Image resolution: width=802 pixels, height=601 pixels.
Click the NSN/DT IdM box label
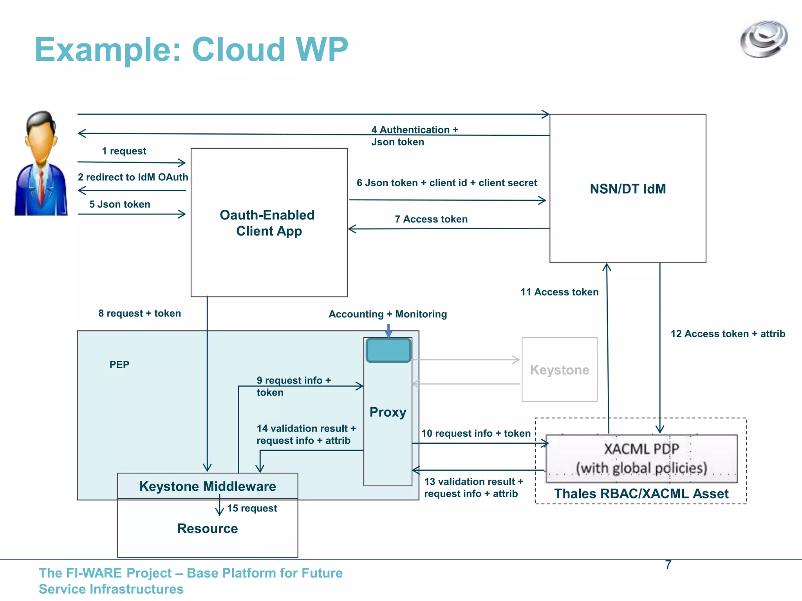627,189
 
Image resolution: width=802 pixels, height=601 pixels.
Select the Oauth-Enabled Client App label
268,223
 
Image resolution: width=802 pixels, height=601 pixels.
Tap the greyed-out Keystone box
559,370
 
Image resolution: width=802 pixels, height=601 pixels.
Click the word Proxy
388,412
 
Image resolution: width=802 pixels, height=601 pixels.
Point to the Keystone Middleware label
208,486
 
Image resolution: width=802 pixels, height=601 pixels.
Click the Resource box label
208,529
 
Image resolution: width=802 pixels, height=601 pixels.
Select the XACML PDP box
641,458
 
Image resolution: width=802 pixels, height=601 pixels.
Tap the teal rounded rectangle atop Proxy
388,350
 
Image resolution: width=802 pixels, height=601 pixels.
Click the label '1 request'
124,151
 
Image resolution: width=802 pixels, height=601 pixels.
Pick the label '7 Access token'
431,219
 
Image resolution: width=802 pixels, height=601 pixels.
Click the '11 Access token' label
559,292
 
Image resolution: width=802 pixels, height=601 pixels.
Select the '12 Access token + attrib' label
728,334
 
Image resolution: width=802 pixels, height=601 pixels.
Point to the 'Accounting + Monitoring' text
387,314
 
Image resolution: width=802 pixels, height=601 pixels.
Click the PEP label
119,365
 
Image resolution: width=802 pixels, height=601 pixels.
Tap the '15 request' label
252,508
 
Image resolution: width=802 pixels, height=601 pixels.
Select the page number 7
668,565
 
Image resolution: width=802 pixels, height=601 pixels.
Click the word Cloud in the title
238,50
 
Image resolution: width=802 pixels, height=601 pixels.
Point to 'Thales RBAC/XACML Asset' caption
641,494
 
